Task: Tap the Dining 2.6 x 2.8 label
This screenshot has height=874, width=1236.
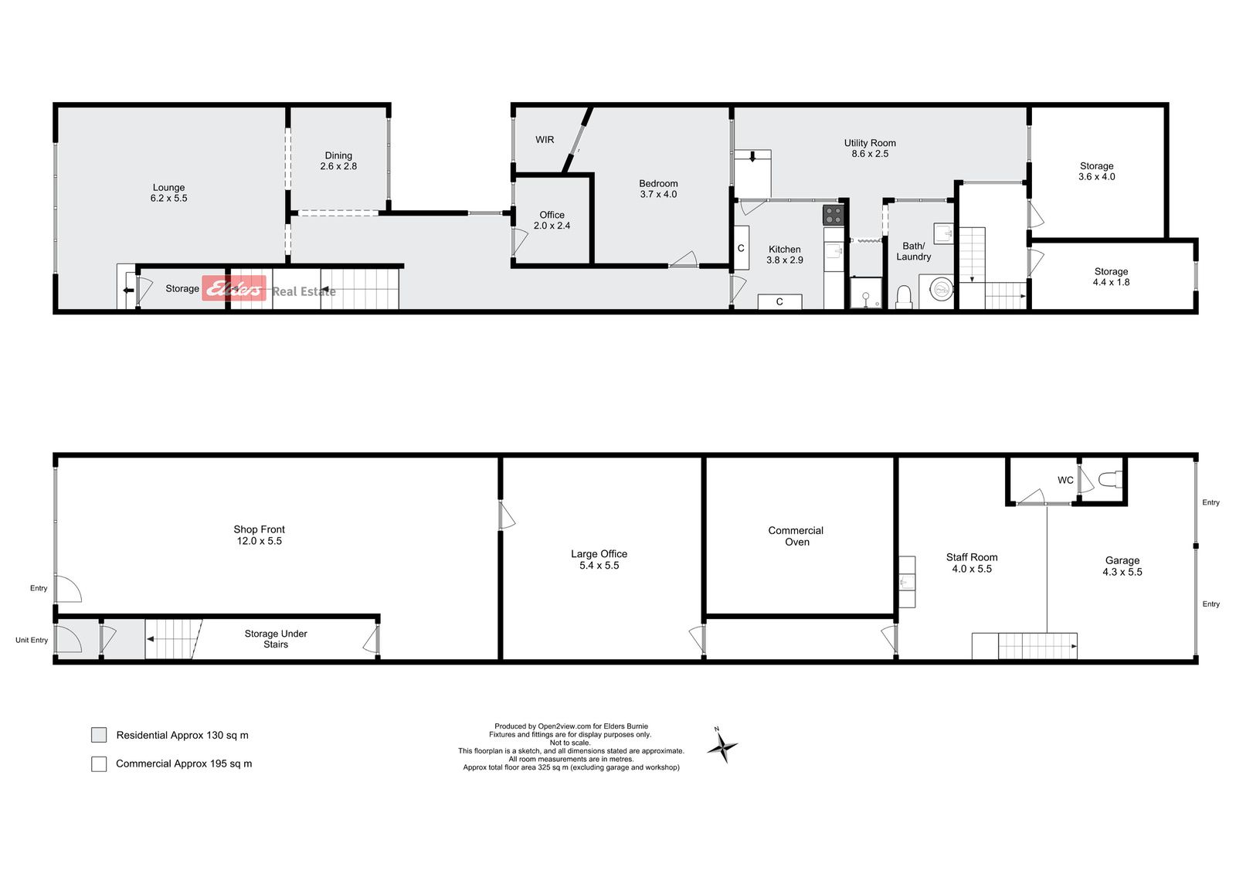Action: pyautogui.click(x=338, y=161)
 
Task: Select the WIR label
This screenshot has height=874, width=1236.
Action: pyautogui.click(x=545, y=140)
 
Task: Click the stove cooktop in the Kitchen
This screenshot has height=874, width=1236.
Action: pyautogui.click(x=834, y=216)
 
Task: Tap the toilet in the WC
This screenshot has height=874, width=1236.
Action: pyautogui.click(x=1110, y=479)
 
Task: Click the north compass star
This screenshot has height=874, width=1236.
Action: pyautogui.click(x=722, y=747)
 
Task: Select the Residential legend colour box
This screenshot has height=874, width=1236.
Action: pyautogui.click(x=99, y=735)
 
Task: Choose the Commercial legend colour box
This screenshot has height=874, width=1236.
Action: pyautogui.click(x=99, y=763)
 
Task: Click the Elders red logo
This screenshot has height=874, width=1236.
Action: pyautogui.click(x=234, y=288)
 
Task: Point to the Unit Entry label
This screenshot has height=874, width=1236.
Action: pyautogui.click(x=32, y=640)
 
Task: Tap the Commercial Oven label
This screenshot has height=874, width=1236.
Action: pyautogui.click(x=796, y=536)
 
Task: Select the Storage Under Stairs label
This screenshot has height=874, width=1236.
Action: pyautogui.click(x=276, y=639)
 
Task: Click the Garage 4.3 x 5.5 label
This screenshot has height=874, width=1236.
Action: pyautogui.click(x=1122, y=566)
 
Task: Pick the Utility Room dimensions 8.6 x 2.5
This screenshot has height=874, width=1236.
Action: pyautogui.click(x=870, y=154)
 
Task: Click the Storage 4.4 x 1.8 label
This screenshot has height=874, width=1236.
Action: pyautogui.click(x=1112, y=277)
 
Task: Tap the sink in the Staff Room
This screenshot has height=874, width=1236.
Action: pyautogui.click(x=907, y=582)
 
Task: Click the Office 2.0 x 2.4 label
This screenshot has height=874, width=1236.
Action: pyautogui.click(x=552, y=219)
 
